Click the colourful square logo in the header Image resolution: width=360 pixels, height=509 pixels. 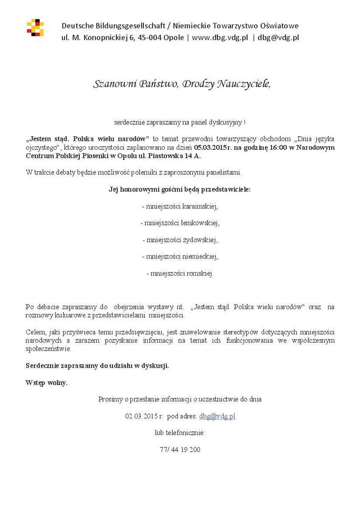click(x=35, y=28)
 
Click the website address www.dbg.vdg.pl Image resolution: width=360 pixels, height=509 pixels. click(x=220, y=37)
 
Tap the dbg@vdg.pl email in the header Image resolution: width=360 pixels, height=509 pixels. click(x=278, y=37)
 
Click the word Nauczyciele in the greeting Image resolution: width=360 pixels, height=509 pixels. click(x=244, y=84)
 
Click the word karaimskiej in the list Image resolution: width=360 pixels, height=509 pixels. click(x=200, y=207)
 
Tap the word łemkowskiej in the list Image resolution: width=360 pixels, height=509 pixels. click(x=200, y=222)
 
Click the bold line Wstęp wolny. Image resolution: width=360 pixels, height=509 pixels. click(x=46, y=383)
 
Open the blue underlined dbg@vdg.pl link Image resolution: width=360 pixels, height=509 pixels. click(x=217, y=416)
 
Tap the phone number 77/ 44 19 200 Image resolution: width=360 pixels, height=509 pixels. click(x=180, y=450)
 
